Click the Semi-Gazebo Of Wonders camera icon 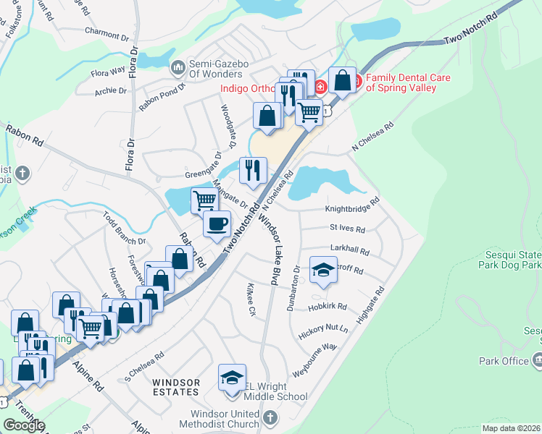178,68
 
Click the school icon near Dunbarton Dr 323,271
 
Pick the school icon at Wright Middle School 232,378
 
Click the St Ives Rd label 347,228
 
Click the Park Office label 504,360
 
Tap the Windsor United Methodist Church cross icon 270,417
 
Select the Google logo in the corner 24,425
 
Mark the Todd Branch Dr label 124,229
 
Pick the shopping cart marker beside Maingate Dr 205,200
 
